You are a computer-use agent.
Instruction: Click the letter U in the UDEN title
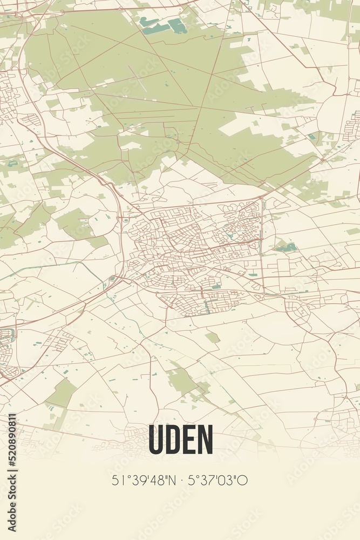coord(157,440)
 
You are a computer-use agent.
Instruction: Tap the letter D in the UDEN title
coord(173,440)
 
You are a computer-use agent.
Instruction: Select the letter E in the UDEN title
coord(188,440)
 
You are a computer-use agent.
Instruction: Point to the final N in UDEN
coord(205,440)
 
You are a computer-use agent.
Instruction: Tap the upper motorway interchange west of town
coord(125,220)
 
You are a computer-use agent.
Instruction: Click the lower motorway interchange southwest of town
coord(112,279)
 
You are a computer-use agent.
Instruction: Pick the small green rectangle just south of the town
coord(213,337)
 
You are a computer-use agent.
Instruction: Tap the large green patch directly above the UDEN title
coord(184,381)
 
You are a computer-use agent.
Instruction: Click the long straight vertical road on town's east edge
coord(262,243)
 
